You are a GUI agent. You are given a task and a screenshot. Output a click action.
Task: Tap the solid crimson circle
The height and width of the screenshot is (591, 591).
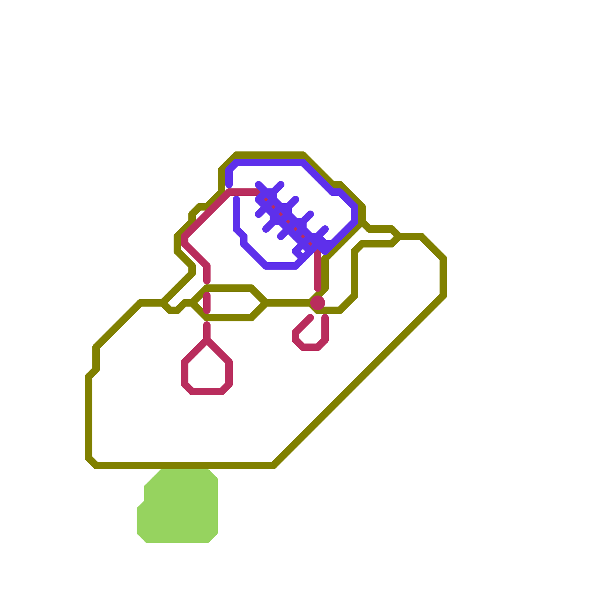click(318, 303)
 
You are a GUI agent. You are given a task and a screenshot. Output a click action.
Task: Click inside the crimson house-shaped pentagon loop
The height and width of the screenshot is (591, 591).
click(207, 369)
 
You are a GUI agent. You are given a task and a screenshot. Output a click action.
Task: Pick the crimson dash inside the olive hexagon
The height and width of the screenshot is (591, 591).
click(207, 303)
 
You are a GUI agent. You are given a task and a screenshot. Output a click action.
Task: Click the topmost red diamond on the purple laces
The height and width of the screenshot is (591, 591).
click(266, 199)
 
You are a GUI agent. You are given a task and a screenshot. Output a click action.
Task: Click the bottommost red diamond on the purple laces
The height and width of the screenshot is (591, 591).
click(310, 244)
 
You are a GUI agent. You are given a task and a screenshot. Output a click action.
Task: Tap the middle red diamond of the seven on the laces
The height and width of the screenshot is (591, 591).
click(288, 222)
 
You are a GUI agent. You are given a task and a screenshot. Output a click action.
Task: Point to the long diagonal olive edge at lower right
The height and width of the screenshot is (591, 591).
click(358, 380)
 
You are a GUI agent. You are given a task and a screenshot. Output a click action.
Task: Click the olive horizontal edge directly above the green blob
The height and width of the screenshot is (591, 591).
click(185, 465)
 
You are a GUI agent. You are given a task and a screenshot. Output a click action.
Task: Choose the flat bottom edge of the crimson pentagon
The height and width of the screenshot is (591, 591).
click(207, 392)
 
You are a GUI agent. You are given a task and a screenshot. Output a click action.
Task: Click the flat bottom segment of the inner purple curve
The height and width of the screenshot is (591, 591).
click(281, 266)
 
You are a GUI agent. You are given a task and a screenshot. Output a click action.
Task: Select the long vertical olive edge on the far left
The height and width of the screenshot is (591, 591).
click(89, 417)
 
